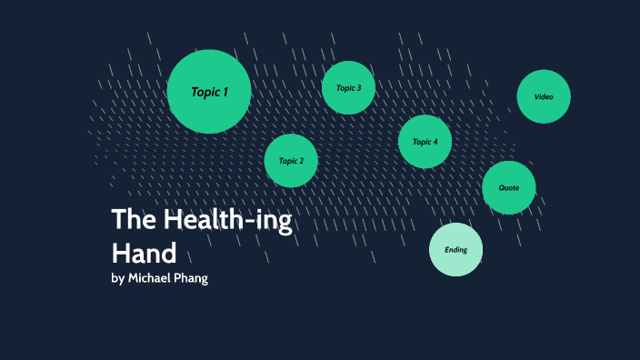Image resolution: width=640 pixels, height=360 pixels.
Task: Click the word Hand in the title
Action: point(143,251)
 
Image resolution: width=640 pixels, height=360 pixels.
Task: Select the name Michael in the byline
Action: point(151,278)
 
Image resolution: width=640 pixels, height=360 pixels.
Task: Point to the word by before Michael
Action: point(117,278)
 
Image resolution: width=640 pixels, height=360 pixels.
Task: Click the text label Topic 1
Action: point(209,92)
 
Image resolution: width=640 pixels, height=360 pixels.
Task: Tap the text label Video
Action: point(544,96)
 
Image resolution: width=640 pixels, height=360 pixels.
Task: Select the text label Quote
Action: point(509,188)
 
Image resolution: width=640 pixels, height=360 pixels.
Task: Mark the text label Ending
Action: point(455,250)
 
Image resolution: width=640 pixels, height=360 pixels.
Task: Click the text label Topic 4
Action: point(425,142)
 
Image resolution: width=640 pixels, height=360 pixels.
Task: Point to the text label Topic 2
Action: point(291,161)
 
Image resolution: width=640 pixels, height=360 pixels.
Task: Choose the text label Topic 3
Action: point(348,88)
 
